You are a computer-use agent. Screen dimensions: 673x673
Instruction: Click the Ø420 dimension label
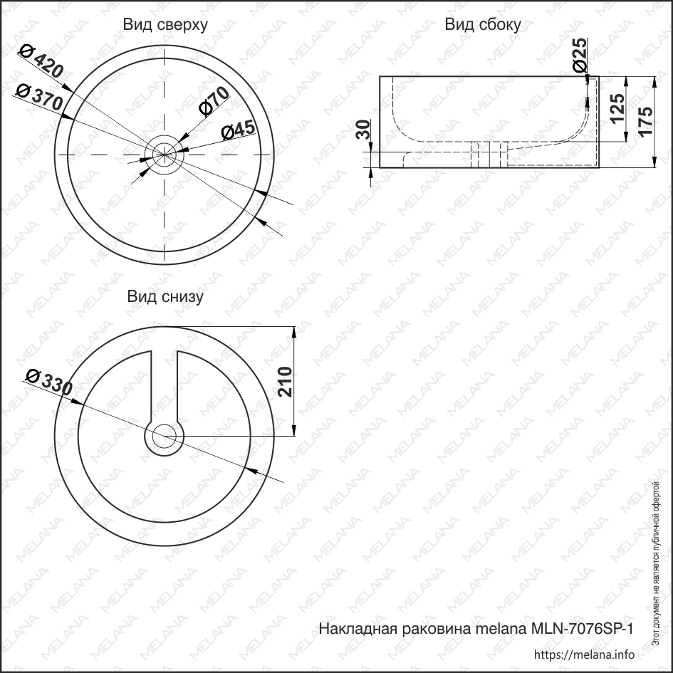coord(41,62)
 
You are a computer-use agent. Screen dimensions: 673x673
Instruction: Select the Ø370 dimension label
coord(39,97)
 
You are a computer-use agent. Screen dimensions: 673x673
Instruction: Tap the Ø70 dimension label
coord(214,101)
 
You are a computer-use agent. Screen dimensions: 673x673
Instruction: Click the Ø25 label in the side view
coord(580,55)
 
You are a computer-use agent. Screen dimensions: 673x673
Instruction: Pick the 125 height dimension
coord(617,108)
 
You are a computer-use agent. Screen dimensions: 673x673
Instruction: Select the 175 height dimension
coord(645,120)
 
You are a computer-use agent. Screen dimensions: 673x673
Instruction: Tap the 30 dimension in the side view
coord(363,129)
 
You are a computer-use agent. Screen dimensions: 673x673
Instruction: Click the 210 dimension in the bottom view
coord(285,382)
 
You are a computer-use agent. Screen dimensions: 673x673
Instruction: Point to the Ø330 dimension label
coord(48,382)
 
